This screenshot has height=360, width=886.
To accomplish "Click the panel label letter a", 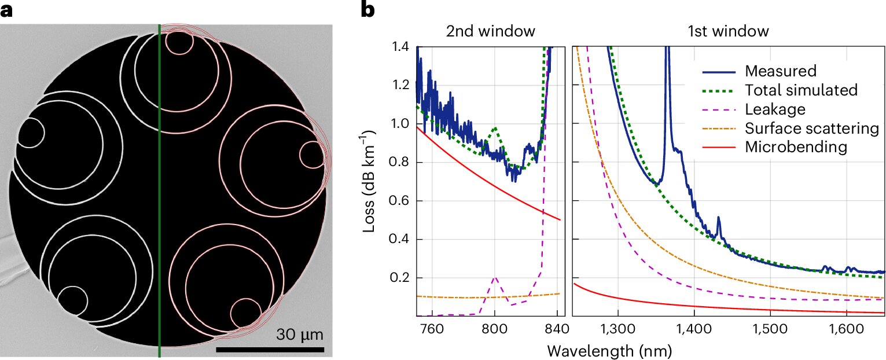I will (x=8, y=10).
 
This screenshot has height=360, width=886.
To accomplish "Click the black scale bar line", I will (x=270, y=350).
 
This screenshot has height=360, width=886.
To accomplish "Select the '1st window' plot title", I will (x=727, y=31).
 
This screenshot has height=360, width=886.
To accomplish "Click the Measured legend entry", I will (x=780, y=71).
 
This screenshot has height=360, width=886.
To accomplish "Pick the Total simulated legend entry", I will (x=801, y=90).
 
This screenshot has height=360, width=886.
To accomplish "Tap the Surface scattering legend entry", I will (x=812, y=128).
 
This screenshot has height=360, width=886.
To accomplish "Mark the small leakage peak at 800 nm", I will (x=495, y=278).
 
